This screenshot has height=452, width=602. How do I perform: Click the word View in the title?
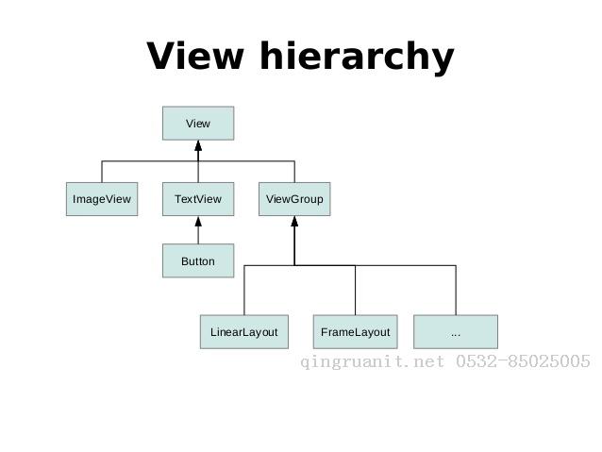click(195, 56)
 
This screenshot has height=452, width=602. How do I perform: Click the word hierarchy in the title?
click(357, 58)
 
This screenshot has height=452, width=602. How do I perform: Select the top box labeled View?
click(198, 124)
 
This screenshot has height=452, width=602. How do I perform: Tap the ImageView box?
click(102, 199)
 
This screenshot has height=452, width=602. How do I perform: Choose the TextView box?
click(198, 199)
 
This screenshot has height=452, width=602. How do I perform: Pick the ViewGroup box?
click(294, 199)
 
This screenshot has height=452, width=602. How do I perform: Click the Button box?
click(198, 260)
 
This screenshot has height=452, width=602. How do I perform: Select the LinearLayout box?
click(244, 332)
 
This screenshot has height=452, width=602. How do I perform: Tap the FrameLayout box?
click(356, 332)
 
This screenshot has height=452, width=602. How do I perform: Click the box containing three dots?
click(456, 332)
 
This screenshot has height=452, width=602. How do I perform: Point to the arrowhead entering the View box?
click(198, 145)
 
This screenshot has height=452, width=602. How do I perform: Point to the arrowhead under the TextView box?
click(198, 221)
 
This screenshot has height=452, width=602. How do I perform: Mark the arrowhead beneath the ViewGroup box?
click(294, 221)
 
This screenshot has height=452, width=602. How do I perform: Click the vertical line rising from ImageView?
click(102, 172)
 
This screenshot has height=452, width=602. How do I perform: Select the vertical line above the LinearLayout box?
click(244, 290)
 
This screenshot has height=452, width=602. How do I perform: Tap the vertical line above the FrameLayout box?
click(355, 290)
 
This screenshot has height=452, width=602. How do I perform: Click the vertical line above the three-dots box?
click(456, 290)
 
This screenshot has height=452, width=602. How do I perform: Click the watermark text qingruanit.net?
click(372, 362)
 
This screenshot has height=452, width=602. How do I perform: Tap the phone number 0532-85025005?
click(523, 361)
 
